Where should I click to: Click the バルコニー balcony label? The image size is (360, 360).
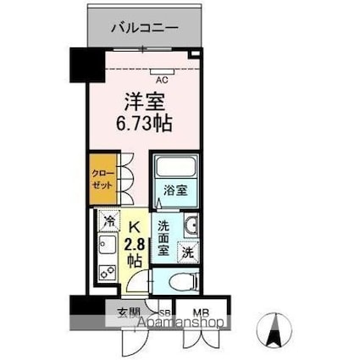click(144, 26)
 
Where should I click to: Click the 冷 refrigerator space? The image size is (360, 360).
click(109, 220)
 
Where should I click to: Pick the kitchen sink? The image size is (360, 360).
click(108, 247)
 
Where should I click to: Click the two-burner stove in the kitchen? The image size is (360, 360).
click(108, 274)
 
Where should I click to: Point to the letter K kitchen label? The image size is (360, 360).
click(133, 226)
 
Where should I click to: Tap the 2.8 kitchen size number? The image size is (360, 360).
click(135, 245)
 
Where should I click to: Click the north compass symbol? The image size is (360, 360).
click(274, 328)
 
